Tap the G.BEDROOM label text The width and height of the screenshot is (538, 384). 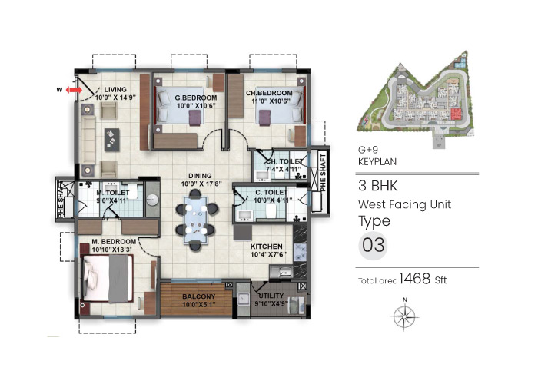coord(195,99)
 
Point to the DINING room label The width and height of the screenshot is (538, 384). coord(195,175)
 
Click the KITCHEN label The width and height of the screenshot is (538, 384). coord(270,247)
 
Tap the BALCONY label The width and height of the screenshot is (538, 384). coord(198,296)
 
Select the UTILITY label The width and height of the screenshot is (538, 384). coord(270,296)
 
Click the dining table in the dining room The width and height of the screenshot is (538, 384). coord(195,217)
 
